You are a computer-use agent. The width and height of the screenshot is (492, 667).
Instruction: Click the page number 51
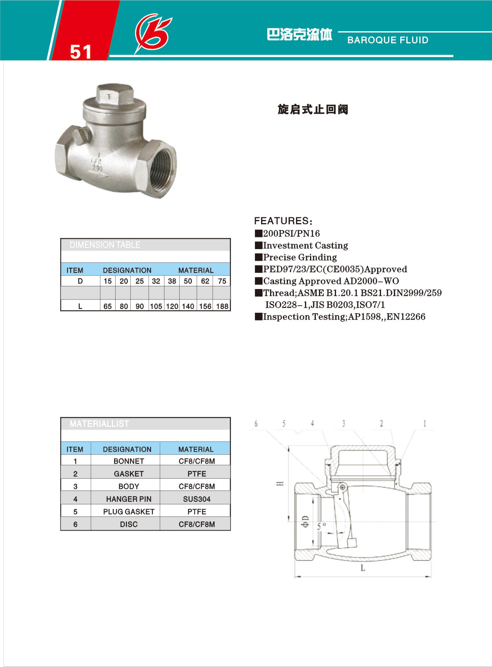81,52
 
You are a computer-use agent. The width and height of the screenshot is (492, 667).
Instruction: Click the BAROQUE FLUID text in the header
388,40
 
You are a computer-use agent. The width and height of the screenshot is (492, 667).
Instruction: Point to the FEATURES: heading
283,221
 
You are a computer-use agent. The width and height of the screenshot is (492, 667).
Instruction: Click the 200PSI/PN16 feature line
287,233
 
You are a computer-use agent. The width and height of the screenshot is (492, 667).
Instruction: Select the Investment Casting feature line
301,245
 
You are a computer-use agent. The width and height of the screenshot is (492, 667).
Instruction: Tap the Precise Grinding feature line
296,257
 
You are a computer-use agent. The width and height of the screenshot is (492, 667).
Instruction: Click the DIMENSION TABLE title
105,245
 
